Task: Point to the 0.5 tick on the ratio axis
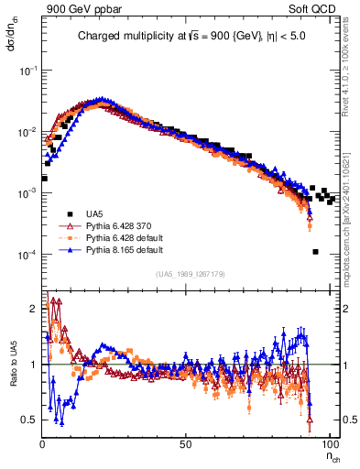[x=30, y=420]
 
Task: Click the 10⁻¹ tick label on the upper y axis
[x=27, y=70]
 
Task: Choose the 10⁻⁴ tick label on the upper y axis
[x=27, y=255]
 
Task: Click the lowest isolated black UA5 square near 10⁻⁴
[x=314, y=252]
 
